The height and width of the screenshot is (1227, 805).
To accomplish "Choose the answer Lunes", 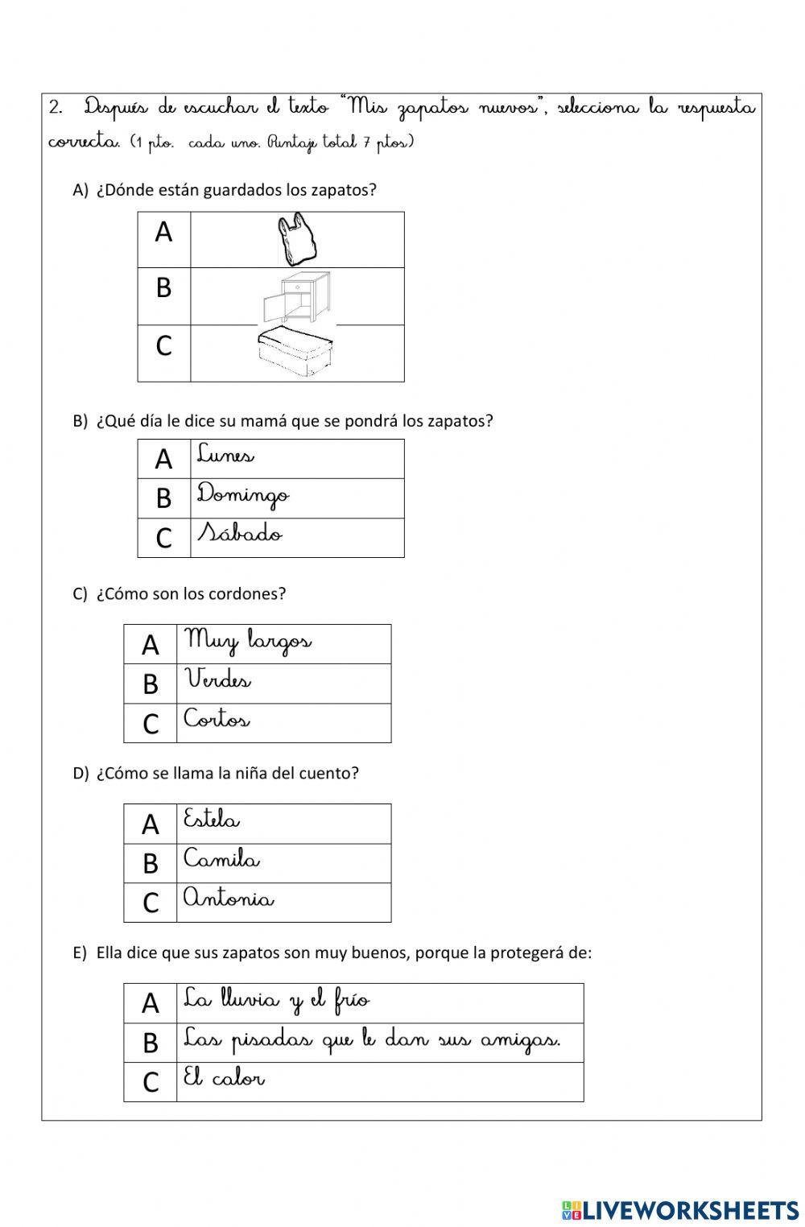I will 226,456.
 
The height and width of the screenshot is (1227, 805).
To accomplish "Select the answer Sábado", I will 240,534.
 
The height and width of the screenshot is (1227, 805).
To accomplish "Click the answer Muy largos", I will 248,642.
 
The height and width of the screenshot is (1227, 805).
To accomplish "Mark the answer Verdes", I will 218,680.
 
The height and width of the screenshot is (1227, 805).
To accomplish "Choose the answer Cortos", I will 217,719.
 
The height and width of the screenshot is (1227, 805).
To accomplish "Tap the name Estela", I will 212,820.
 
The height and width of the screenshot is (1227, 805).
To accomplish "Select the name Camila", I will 221,860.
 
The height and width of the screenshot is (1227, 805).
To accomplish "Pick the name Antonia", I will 229,899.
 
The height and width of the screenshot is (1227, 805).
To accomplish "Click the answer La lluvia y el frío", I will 276,1001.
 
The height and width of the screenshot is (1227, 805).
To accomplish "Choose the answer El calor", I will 224,1079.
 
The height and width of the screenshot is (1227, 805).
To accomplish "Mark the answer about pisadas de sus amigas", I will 371,1040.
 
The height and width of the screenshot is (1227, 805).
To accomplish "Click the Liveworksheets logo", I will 680,1209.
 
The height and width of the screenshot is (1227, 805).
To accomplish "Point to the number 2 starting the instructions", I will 56,107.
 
